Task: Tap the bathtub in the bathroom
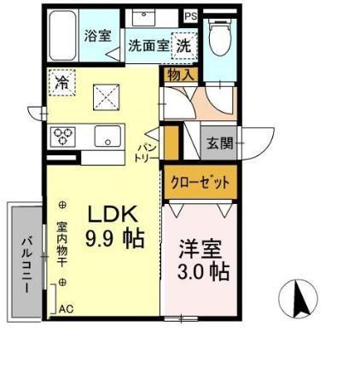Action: click(61, 35)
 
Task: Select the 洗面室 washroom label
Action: click(148, 46)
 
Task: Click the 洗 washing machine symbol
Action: click(183, 46)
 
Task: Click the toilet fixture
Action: click(218, 34)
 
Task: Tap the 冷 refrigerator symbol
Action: click(62, 83)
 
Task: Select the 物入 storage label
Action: click(180, 75)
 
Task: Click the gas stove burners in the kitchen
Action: click(64, 137)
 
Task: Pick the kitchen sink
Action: click(108, 137)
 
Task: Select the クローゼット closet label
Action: click(198, 182)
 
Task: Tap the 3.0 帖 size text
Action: click(203, 272)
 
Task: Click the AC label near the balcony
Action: click(67, 310)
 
